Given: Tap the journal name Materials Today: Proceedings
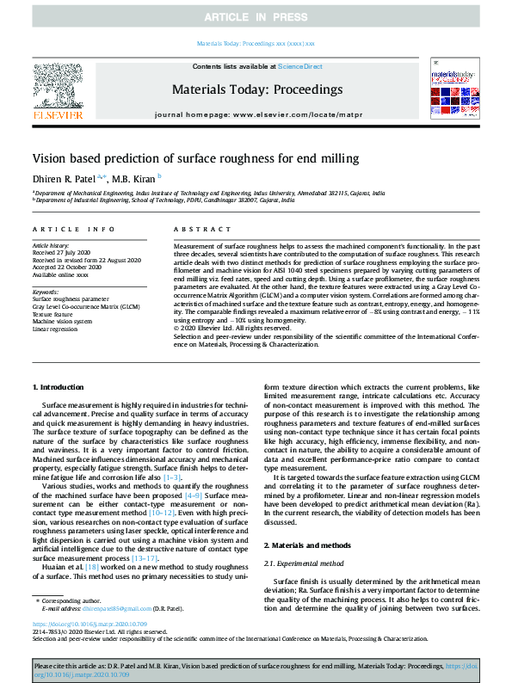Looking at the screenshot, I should pos(257,89).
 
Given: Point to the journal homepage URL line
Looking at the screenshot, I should pos(258,114).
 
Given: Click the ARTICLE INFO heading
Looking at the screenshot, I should pos(73,229).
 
